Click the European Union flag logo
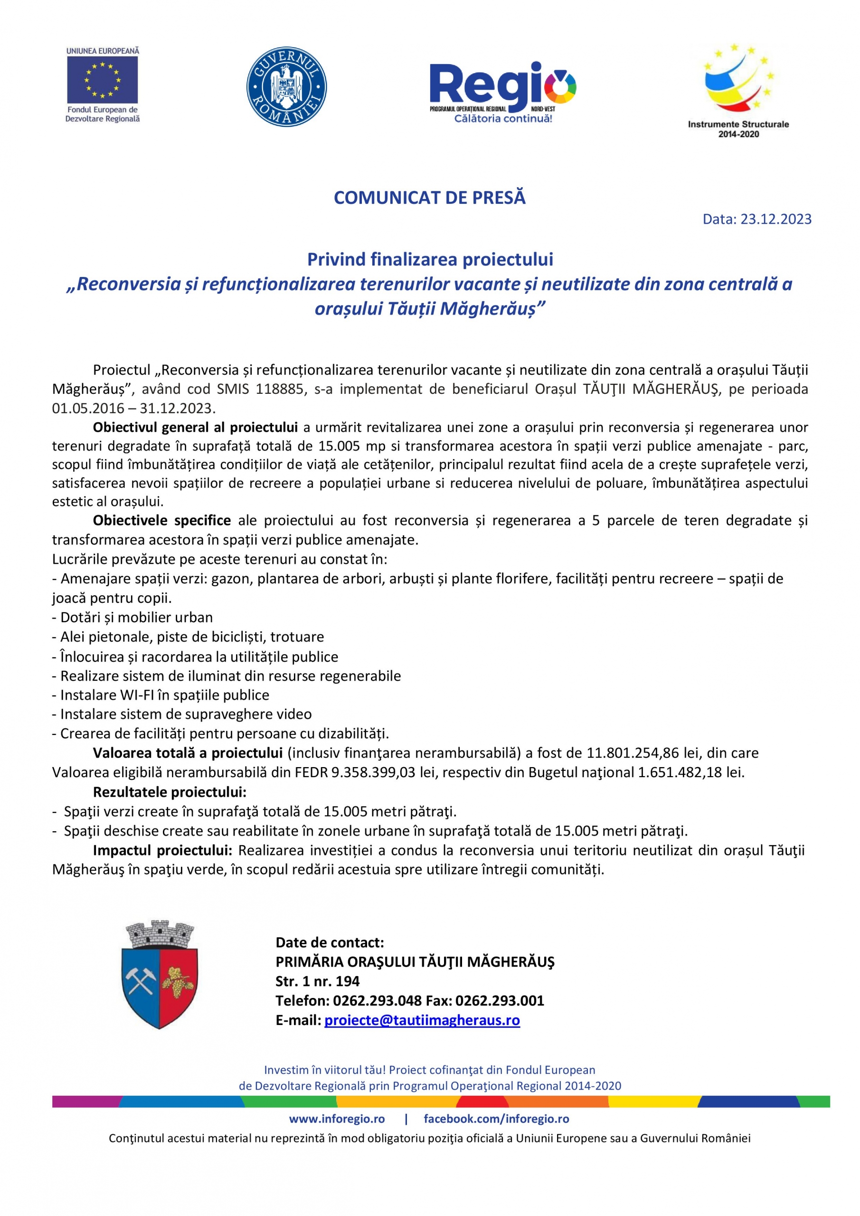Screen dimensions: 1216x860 coord(102,80)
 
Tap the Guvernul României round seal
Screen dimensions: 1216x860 coord(286,87)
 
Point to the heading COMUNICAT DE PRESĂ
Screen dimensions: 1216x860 coord(429,198)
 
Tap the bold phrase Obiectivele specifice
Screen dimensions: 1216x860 coord(161,521)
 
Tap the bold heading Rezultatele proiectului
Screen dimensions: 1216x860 coord(170,792)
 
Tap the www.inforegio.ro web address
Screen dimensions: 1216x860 coord(337,1119)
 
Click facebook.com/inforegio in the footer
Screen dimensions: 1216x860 coord(496,1119)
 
